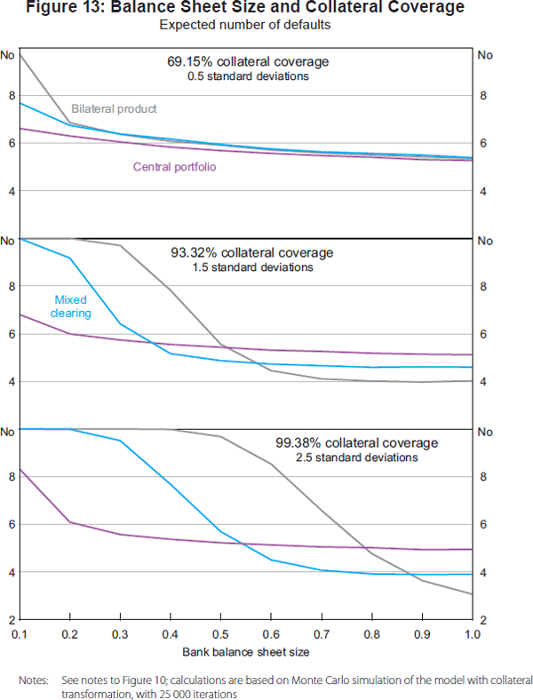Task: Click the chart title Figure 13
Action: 266,8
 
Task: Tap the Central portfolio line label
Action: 175,166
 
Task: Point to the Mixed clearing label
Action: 73,306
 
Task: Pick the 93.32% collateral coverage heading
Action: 252,252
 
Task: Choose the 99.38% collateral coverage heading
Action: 357,442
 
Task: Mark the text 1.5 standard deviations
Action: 252,266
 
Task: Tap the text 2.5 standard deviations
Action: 357,457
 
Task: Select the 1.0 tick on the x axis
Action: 472,635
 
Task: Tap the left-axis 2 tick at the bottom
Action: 12,619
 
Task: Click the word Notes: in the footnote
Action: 34,680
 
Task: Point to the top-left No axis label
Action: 8,56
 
